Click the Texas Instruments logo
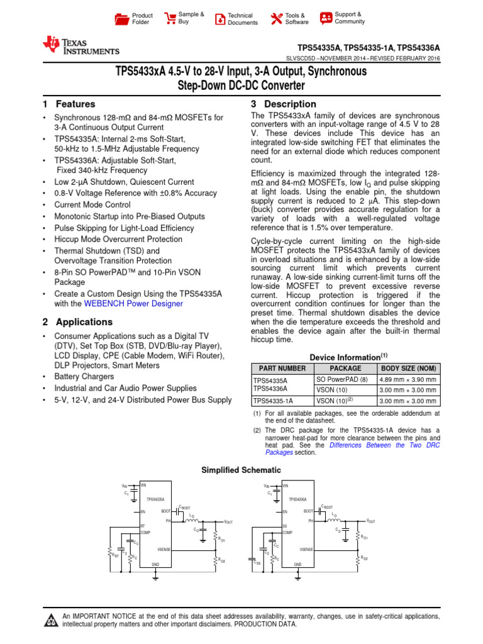pyautogui.click(x=80, y=46)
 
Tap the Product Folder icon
pyautogui.click(x=121, y=19)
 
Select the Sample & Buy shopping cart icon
pyautogui.click(x=170, y=18)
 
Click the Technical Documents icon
pyautogui.click(x=219, y=19)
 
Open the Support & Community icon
pyautogui.click(x=326, y=18)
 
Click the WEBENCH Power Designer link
pyautogui.click(x=133, y=304)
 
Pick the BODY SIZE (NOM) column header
pyautogui.click(x=408, y=369)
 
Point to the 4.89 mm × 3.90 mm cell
pyautogui.click(x=408, y=380)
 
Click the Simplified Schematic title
pyautogui.click(x=241, y=470)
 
